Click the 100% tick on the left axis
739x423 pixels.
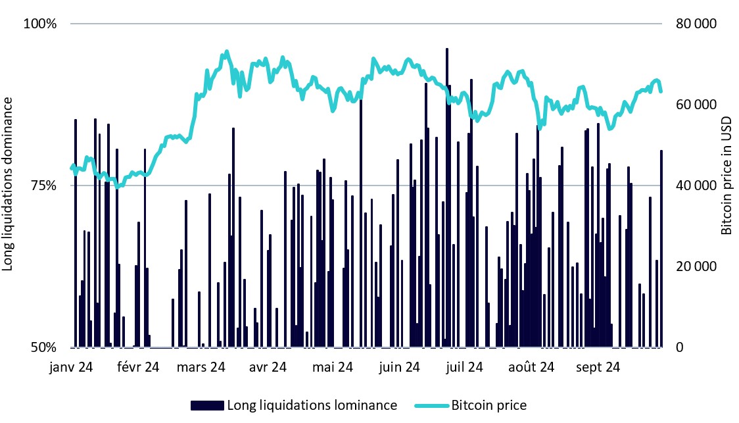pyautogui.click(x=41, y=24)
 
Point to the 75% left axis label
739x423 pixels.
pyautogui.click(x=44, y=186)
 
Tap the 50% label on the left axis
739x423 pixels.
pyautogui.click(x=44, y=347)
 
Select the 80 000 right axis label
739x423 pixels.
pyautogui.click(x=695, y=24)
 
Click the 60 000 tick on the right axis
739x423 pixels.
pyautogui.click(x=695, y=105)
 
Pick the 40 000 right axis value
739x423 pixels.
pyautogui.click(x=695, y=186)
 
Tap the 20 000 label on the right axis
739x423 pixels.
pyautogui.click(x=695, y=266)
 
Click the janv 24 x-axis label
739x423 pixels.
pyautogui.click(x=71, y=366)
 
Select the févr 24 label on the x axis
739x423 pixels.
pyautogui.click(x=137, y=366)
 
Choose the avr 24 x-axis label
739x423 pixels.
pyautogui.click(x=268, y=366)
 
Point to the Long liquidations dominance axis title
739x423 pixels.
pyautogui.click(x=9, y=184)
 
